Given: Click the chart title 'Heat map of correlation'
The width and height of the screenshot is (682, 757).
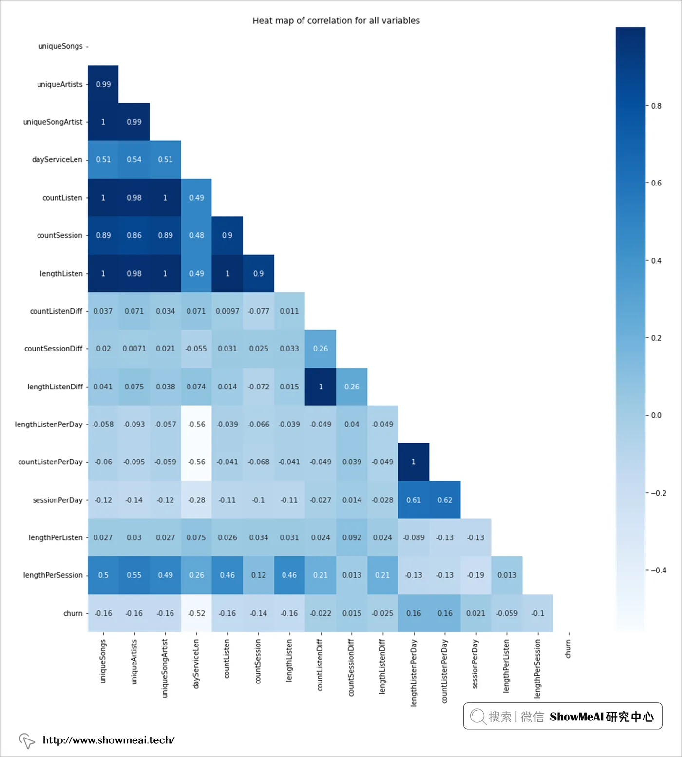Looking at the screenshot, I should point(336,20).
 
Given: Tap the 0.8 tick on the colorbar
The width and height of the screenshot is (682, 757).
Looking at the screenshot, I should point(656,106).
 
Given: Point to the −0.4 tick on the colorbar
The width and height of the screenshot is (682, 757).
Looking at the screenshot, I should point(658,570).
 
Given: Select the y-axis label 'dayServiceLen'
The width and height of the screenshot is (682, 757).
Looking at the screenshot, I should point(57,160).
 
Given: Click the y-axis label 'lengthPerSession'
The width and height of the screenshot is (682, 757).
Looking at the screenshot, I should point(53,575).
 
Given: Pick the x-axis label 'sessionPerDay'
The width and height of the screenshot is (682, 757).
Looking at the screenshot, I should point(475,664).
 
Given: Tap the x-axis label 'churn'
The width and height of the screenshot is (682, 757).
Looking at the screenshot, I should point(568,649).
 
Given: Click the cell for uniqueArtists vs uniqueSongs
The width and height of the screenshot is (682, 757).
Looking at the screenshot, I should point(103,84).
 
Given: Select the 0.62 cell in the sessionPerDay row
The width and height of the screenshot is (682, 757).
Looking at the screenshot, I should point(445,500).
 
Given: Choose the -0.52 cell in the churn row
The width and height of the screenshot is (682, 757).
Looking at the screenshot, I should point(196,613).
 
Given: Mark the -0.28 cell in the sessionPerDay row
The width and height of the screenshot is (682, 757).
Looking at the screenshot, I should point(196,500).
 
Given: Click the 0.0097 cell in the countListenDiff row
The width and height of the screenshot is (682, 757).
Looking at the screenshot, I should point(227,311).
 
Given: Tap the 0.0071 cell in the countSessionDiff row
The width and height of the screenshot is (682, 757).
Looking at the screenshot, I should point(134,349).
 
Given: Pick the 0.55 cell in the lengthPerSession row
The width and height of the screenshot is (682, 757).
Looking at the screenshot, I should point(134,575).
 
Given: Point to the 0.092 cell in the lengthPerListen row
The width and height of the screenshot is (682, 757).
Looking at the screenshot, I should point(352,538).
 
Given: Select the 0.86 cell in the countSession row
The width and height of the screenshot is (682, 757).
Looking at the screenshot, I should point(134,235).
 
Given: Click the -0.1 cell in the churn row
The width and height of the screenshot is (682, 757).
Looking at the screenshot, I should point(538,613).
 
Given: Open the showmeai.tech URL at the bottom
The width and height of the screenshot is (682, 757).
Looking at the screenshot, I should point(108,740).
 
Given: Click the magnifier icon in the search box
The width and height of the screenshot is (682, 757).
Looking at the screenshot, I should point(477,717).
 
